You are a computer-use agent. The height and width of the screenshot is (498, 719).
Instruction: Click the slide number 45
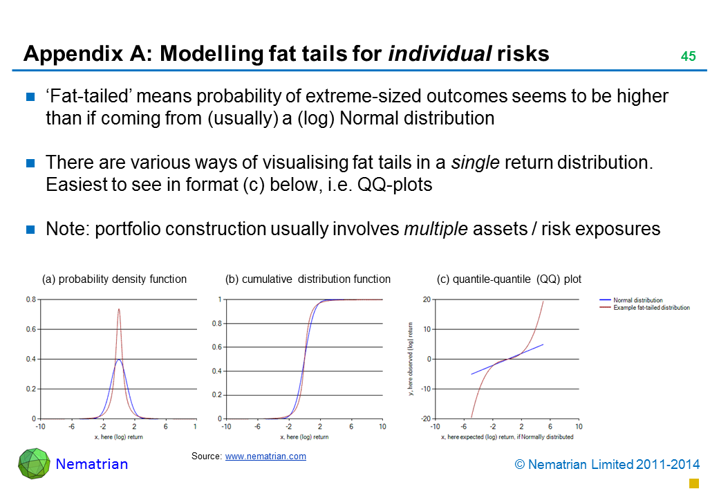tap(688, 57)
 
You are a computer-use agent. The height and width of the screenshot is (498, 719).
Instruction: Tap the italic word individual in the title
tap(440, 54)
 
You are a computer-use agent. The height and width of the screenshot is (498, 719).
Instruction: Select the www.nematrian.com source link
tap(265, 456)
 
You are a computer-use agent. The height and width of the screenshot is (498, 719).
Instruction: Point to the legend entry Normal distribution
tap(637, 300)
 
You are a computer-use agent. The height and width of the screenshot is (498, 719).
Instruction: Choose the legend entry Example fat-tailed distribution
tap(651, 307)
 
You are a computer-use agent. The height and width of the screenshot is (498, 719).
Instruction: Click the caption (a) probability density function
tap(114, 279)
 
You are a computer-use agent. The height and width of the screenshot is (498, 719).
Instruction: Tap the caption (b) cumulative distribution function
tap(308, 279)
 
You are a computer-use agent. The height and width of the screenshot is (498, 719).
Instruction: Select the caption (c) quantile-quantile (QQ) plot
tap(509, 279)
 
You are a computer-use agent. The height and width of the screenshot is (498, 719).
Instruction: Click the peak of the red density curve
tap(119, 309)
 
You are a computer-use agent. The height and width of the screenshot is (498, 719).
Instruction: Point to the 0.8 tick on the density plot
tap(31, 299)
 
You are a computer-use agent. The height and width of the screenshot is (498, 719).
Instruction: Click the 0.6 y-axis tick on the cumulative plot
tap(216, 347)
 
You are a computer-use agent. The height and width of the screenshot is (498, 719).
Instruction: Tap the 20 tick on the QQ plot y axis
tap(427, 299)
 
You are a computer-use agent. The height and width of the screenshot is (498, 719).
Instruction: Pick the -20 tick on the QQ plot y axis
tap(425, 418)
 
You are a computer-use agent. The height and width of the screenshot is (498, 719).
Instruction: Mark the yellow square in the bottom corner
tap(695, 482)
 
